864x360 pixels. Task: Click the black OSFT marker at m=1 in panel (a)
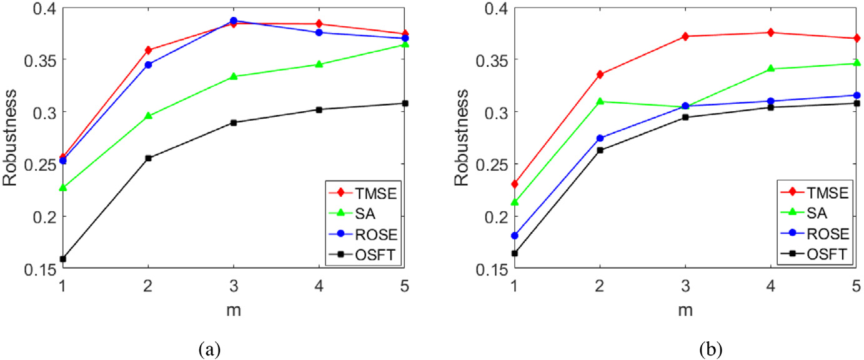[62, 259]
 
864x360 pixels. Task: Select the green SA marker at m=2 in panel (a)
[148, 116]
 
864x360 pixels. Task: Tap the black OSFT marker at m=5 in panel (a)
[405, 103]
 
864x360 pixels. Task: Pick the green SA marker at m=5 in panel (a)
[405, 44]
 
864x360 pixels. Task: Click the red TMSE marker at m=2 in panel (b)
[600, 74]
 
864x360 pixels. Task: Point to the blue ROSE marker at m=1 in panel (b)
[515, 236]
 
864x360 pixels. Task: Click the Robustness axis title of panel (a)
[11, 138]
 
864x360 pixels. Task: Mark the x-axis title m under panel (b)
[685, 309]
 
